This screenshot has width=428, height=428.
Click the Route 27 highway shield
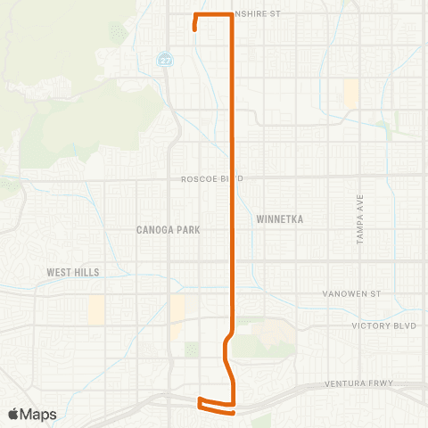164,61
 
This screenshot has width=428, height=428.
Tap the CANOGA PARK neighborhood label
168,229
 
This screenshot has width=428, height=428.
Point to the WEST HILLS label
74,272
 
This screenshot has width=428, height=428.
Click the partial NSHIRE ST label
257,14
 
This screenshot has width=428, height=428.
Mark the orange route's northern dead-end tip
194,29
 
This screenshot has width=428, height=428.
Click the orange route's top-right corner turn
233,16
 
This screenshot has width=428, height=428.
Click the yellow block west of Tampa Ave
350,94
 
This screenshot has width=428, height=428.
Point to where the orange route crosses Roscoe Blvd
233,178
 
